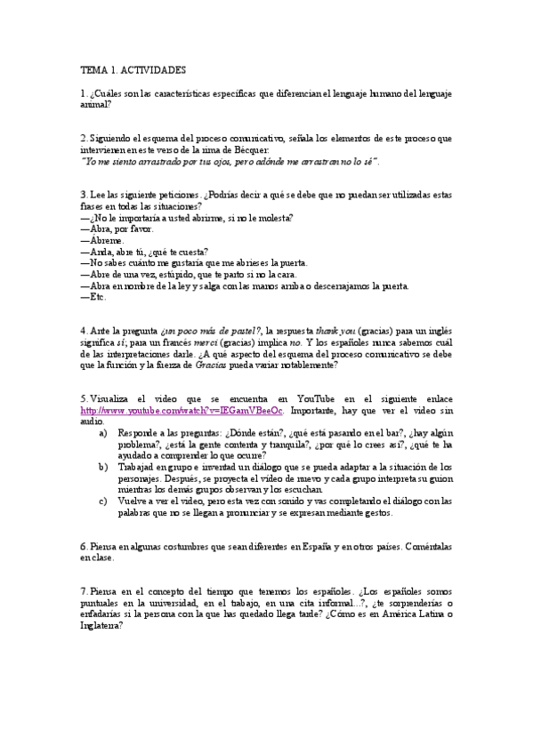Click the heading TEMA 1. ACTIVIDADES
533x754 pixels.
click(133, 68)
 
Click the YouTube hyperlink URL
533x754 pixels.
click(182, 385)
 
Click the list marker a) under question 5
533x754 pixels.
click(102, 408)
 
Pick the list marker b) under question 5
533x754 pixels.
click(102, 466)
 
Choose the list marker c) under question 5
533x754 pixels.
click(102, 501)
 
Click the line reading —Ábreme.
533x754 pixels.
click(102, 239)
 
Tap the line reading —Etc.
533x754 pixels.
click(93, 297)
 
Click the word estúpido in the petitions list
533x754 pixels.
click(179, 274)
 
